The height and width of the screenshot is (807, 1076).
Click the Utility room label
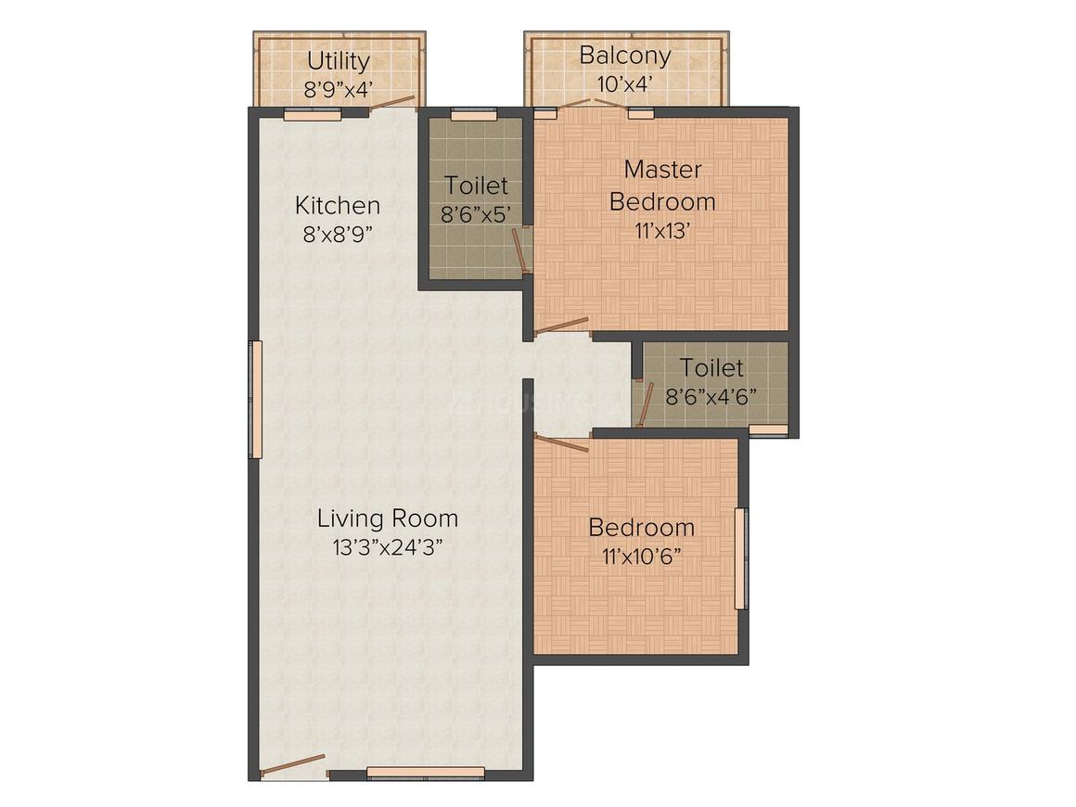[339, 62]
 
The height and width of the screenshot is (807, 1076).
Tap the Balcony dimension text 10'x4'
[624, 84]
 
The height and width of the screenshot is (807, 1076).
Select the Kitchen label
[338, 205]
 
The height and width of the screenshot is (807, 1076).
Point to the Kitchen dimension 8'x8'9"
[338, 235]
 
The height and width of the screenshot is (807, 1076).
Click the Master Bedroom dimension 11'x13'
[662, 231]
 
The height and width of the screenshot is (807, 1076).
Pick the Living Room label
[388, 519]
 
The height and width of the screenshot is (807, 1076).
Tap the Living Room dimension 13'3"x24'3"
[388, 547]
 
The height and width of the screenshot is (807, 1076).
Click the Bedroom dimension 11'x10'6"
[642, 557]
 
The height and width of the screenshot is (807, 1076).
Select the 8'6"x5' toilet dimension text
[476, 215]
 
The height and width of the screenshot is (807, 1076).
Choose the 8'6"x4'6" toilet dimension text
[711, 397]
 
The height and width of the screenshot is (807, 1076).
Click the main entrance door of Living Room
[292, 765]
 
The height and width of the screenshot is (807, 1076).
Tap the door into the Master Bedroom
[561, 326]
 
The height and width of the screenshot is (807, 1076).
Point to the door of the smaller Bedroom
[561, 443]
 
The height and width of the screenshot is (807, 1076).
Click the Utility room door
[392, 103]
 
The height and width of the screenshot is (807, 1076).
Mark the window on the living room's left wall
[255, 400]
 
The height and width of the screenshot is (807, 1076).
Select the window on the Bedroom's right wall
[741, 558]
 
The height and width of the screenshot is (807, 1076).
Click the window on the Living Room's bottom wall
[426, 773]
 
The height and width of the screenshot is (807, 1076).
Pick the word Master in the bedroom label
[663, 170]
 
